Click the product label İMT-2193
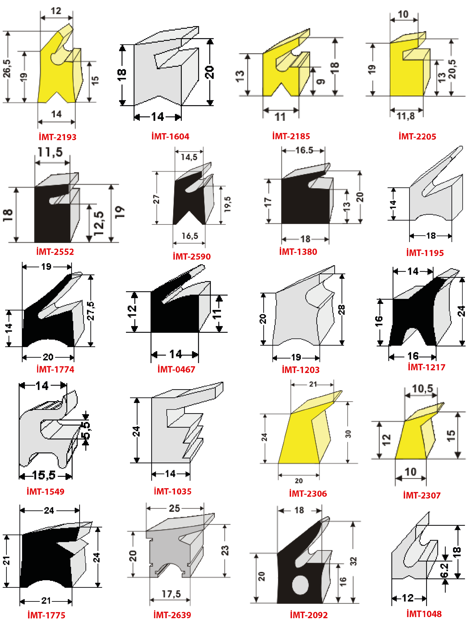pos(57,137)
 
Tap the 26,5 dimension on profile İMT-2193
pos(7,68)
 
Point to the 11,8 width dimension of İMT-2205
pos(406,116)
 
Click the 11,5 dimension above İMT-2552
pos(50,152)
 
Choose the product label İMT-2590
pos(192,256)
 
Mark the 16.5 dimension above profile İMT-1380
pos(304,151)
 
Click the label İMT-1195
pos(425,253)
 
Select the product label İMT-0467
pos(176,369)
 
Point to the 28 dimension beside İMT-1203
pos(341,310)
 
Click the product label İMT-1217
pos(427,367)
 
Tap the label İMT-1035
pos(173,491)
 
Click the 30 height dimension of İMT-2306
pos(348,434)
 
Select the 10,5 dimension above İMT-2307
pos(422,389)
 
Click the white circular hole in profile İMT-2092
pos(301,585)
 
